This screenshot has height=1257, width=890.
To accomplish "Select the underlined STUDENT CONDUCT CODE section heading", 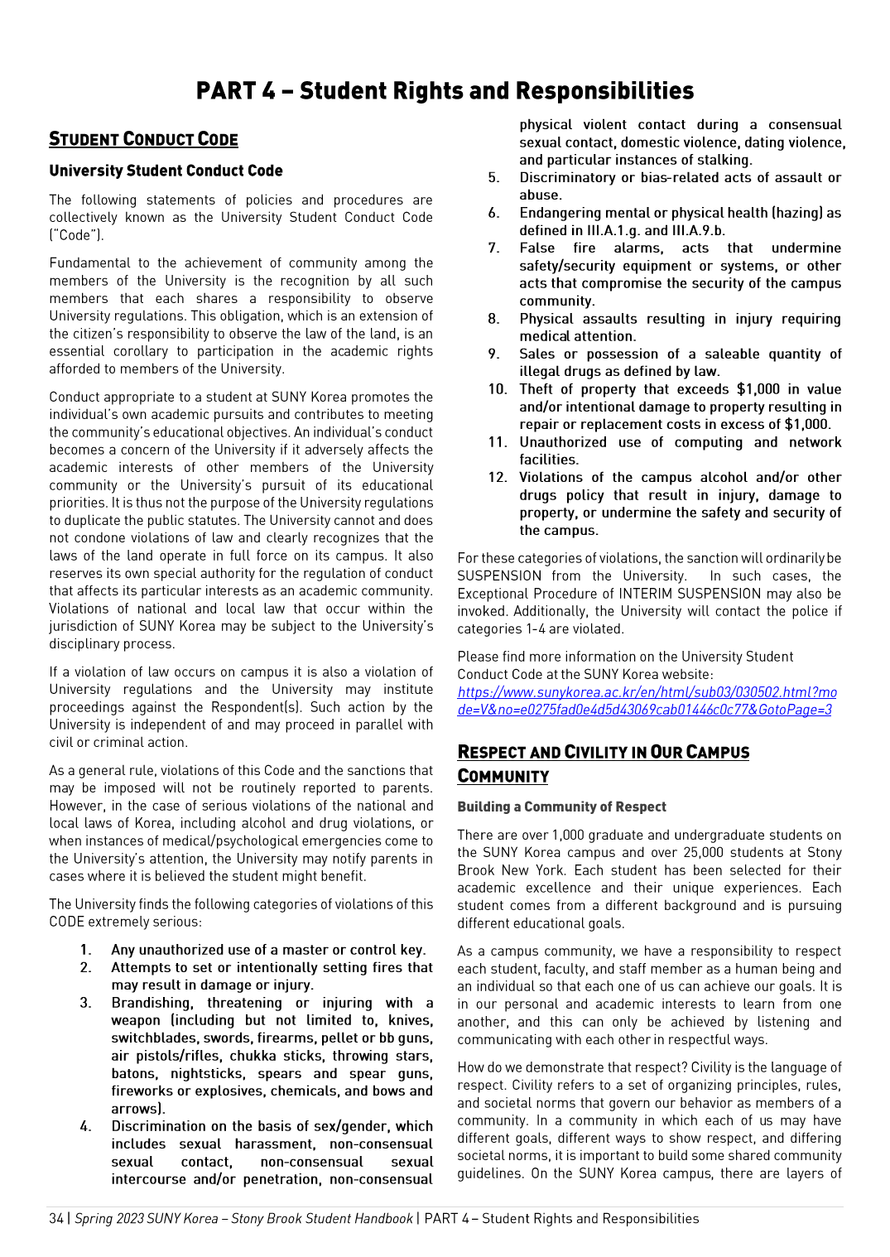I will pyautogui.click(x=143, y=139).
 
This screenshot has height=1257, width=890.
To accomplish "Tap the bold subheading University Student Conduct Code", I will pyautogui.click(x=166, y=171).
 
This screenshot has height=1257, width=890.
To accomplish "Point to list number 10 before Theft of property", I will pyautogui.click(x=497, y=389).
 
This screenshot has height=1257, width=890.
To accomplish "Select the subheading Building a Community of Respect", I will pyautogui.click(x=561, y=807).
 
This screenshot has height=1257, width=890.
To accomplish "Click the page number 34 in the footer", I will pyautogui.click(x=56, y=1218).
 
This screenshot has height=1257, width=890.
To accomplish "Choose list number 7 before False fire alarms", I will pyautogui.click(x=493, y=248).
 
